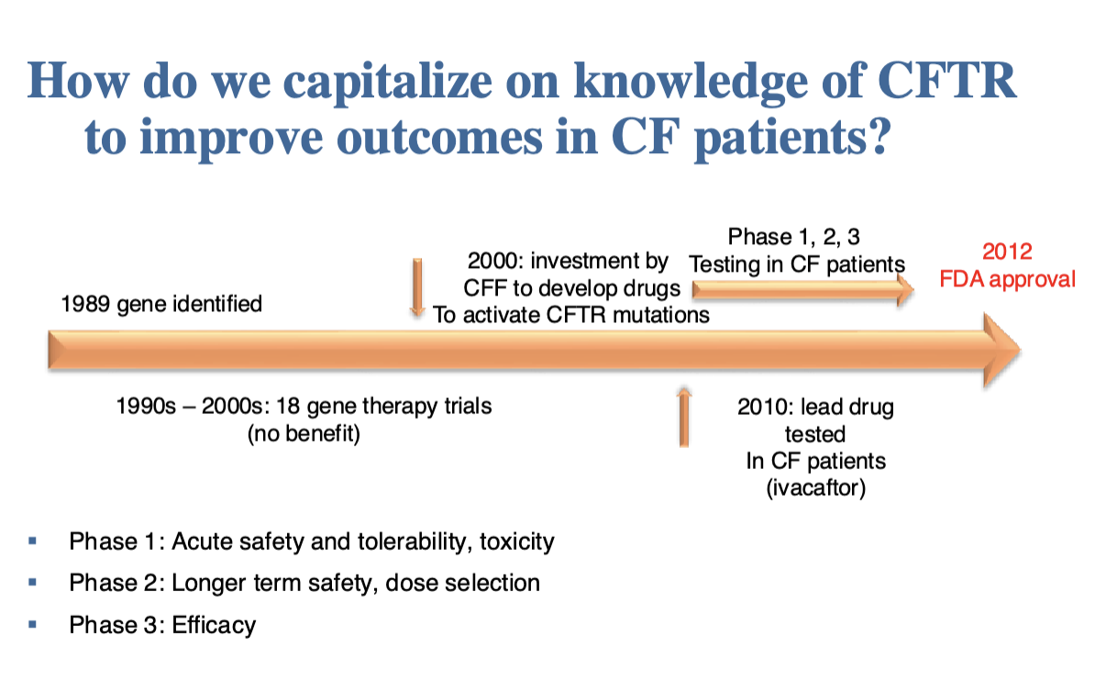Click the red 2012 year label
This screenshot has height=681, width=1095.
pyautogui.click(x=1007, y=251)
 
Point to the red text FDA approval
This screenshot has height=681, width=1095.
pyautogui.click(x=1007, y=279)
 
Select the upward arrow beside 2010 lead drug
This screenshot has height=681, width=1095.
pyautogui.click(x=684, y=418)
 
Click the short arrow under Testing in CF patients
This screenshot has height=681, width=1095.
pyautogui.click(x=803, y=290)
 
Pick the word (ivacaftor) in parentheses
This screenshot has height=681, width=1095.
pyautogui.click(x=815, y=487)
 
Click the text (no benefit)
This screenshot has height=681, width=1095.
pyautogui.click(x=304, y=433)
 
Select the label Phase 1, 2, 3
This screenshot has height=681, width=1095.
pyautogui.click(x=794, y=237)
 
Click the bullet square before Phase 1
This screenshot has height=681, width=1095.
pyautogui.click(x=32, y=541)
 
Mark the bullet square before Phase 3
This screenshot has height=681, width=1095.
pyautogui.click(x=32, y=624)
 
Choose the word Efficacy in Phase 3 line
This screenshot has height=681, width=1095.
pyautogui.click(x=214, y=625)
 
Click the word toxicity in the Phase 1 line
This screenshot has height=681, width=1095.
pyautogui.click(x=516, y=541)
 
